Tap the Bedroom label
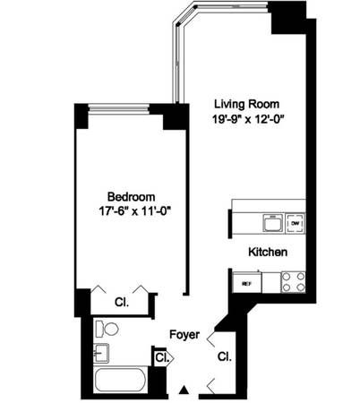(x=132, y=197)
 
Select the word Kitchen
(x=269, y=253)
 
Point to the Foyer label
(x=185, y=335)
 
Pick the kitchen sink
(x=270, y=219)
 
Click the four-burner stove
(x=293, y=283)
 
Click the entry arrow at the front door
(x=184, y=390)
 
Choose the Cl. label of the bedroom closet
(x=122, y=302)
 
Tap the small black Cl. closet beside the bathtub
(x=160, y=358)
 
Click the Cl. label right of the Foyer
(x=224, y=356)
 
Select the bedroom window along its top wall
(x=119, y=108)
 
